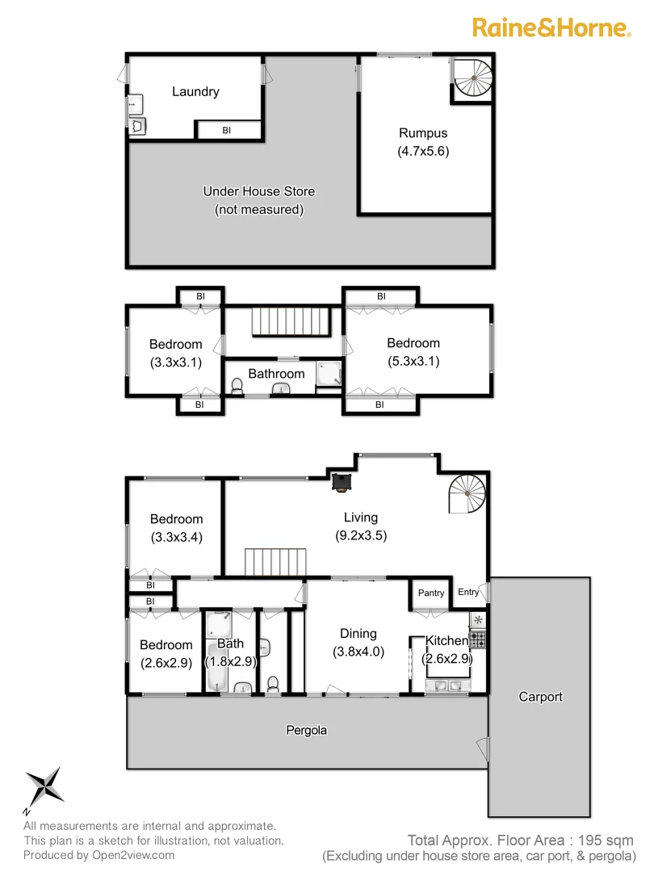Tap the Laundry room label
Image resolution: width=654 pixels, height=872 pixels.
click(195, 91)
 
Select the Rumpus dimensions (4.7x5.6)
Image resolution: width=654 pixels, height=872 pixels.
click(423, 151)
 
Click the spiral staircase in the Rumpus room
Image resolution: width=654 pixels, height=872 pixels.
click(472, 79)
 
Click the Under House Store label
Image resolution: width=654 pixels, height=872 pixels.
click(258, 191)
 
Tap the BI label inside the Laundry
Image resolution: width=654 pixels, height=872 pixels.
click(227, 130)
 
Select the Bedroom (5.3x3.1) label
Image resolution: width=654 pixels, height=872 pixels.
click(413, 343)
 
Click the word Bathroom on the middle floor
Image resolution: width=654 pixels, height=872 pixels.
click(276, 373)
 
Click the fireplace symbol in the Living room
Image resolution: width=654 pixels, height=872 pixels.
click(343, 482)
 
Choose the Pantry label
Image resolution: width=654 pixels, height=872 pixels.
click(431, 593)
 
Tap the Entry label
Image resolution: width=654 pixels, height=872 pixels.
click(468, 593)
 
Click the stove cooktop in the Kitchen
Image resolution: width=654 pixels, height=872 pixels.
click(478, 639)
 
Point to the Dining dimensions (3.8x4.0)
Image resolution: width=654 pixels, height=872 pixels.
click(358, 652)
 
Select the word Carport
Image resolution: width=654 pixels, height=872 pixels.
click(540, 696)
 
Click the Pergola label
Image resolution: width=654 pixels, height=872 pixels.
click(307, 730)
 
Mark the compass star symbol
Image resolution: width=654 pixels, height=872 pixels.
click(44, 786)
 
